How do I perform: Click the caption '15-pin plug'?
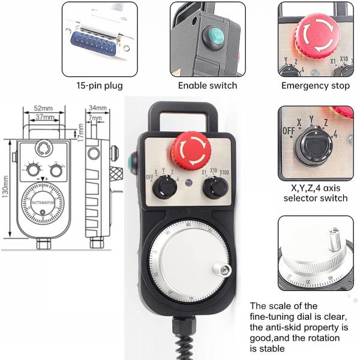coord(99,85)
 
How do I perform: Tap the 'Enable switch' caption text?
coord(208,85)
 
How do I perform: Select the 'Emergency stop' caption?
coord(315,85)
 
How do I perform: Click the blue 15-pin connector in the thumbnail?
coord(97,43)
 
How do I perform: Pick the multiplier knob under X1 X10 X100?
coord(214,188)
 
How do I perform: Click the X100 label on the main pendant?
coord(224,173)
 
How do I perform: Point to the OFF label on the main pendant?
coord(150,178)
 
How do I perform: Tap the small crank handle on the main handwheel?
coord(224,271)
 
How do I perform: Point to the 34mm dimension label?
coord(97,108)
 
